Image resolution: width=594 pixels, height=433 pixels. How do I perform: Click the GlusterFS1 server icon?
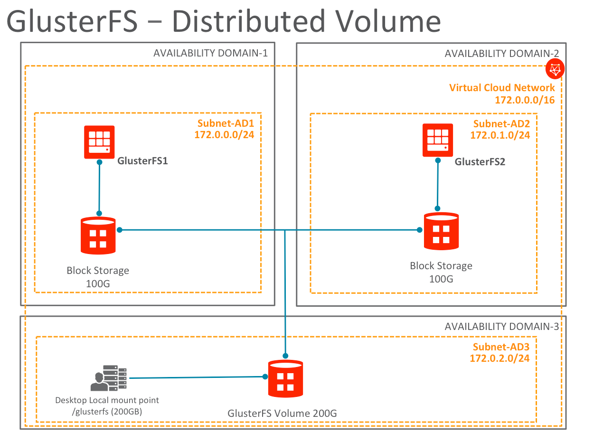coord(99,141)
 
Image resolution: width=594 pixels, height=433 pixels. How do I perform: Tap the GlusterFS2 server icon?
coord(438,140)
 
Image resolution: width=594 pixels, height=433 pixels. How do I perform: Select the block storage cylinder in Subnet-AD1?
coord(99,235)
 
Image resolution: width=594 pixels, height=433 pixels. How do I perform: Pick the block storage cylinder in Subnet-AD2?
coord(442,231)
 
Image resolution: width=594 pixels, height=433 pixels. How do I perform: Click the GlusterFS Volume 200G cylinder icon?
coord(285,378)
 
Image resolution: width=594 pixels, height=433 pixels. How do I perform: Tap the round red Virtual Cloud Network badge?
coord(554,69)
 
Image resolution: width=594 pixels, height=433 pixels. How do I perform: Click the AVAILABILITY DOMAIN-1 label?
coord(210,53)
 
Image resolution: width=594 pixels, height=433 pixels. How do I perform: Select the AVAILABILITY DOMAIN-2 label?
coord(502,54)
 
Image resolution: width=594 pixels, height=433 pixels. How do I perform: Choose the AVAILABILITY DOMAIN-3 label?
coord(502,327)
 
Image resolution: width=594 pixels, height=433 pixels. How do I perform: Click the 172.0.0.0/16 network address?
coord(525,100)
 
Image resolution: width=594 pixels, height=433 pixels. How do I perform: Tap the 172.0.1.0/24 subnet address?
coord(500,135)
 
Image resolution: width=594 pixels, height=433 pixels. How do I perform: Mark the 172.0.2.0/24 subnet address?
coord(500,358)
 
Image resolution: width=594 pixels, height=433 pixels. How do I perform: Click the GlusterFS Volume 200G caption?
coord(282,413)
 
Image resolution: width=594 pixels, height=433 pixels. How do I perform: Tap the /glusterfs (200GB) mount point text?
coord(107,412)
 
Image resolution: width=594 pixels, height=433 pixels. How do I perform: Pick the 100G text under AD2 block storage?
coord(441,279)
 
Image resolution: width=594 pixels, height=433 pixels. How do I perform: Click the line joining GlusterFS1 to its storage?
coord(99,188)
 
